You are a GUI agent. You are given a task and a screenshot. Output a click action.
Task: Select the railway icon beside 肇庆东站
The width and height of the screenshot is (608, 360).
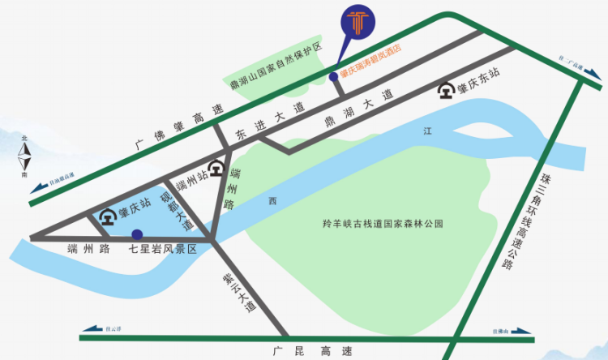(445, 90)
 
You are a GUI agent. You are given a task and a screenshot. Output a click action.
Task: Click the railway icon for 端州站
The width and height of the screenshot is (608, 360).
(215, 169)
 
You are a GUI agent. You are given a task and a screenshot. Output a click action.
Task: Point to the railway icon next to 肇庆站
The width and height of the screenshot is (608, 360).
(107, 217)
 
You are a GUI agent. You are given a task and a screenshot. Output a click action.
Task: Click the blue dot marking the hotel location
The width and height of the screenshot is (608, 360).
(333, 77)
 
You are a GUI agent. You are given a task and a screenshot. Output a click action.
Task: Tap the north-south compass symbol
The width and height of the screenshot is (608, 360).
(27, 160)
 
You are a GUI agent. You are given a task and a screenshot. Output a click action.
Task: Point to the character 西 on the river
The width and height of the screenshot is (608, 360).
(273, 200)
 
